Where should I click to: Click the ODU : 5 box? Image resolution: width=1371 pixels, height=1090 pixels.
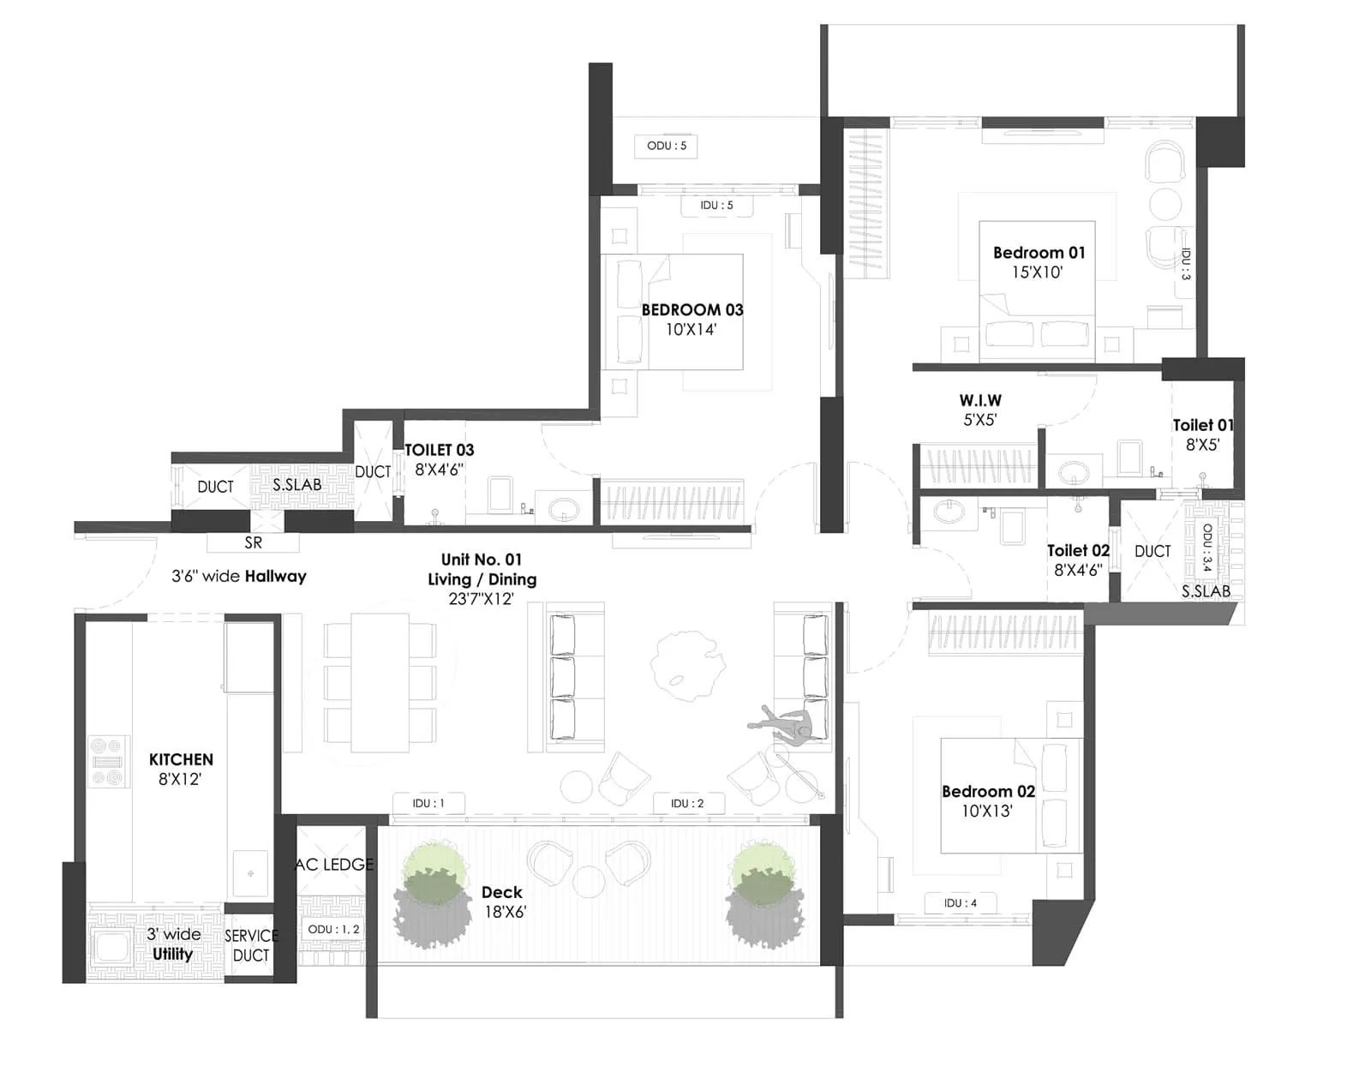point(666,146)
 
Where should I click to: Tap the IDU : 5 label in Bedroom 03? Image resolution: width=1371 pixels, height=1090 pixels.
point(716,206)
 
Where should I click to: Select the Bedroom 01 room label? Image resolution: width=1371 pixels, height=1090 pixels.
point(1039,253)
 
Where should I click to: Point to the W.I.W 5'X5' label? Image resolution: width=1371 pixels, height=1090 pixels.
point(979,410)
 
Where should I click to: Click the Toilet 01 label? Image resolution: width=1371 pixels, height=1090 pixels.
point(1202,426)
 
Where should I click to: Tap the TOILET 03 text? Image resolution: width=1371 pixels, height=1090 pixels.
point(439,450)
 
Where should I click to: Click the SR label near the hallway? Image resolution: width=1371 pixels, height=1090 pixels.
point(253,542)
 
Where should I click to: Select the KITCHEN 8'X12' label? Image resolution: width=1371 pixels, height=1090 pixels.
point(181,769)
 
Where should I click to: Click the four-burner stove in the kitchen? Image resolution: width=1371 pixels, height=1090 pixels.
point(109,761)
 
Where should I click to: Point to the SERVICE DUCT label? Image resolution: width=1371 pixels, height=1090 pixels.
point(250,945)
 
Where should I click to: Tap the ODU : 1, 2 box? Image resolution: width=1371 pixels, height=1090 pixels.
point(333,929)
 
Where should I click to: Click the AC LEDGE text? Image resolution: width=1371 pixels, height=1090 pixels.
point(334,865)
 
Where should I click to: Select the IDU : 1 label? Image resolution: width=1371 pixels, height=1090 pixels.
point(428,803)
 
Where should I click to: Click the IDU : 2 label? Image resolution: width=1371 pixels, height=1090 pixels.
point(687,803)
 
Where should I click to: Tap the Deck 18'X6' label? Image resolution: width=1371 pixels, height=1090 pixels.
point(503,901)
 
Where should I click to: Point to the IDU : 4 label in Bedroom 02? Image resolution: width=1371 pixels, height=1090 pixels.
point(960,902)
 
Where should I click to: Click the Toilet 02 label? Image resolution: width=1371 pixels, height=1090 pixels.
point(1077,551)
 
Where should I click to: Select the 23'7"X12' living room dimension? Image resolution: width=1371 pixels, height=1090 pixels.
point(481,599)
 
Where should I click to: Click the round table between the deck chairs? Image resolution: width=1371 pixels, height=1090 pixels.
point(589,882)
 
